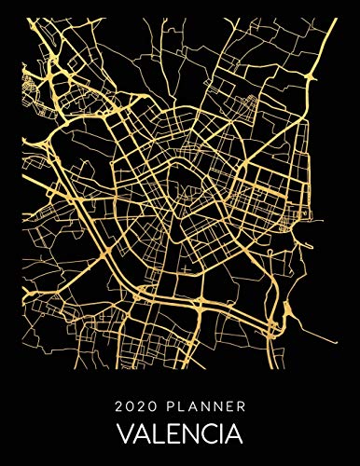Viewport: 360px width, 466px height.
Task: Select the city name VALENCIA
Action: [x=180, y=435]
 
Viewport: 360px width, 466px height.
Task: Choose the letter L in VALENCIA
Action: [x=154, y=435]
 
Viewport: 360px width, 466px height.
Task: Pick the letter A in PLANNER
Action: [x=191, y=406]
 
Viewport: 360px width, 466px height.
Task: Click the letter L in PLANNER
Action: [x=181, y=406]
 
